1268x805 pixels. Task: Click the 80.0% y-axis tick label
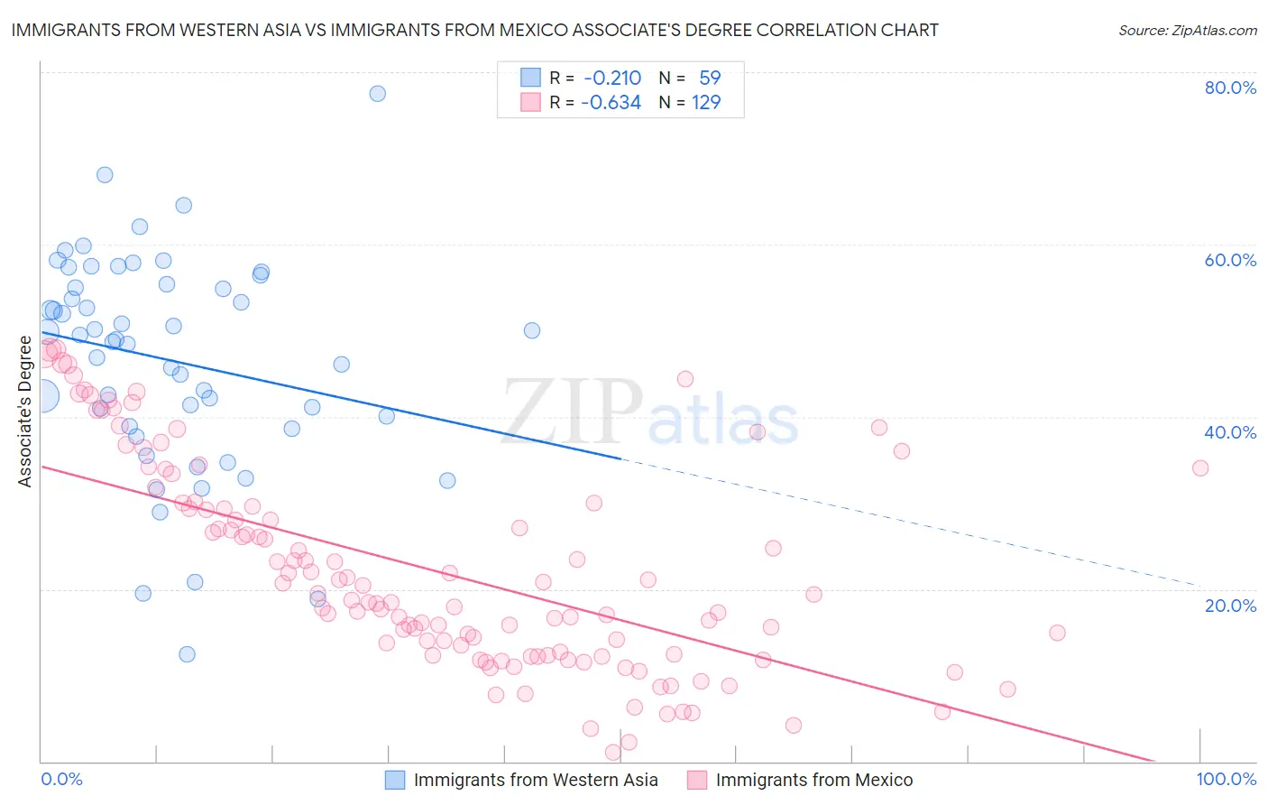coord(1230,88)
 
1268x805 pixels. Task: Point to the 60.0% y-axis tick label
coord(1230,260)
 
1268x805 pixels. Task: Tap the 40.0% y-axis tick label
coord(1230,432)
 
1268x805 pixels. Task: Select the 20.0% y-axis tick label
coord(1230,606)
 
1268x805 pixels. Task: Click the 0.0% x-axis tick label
coord(62,779)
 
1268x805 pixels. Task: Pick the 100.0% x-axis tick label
coord(1226,779)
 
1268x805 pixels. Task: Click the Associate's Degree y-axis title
coord(25,412)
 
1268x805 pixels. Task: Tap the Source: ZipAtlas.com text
coord(1187,31)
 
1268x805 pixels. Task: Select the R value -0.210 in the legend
coord(612,78)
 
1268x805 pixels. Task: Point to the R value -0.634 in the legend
coord(611,102)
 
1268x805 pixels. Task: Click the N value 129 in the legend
coord(706,102)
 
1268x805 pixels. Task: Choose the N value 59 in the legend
coord(710,78)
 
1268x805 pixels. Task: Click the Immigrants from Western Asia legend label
coord(536,780)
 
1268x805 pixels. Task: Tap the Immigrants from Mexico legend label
coord(813,780)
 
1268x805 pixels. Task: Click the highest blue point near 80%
coord(378,94)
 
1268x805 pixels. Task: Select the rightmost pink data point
coord(1199,467)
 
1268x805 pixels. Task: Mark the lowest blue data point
coord(187,654)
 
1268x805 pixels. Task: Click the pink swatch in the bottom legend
coord(696,780)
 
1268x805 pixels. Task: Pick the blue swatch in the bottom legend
coord(395,780)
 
